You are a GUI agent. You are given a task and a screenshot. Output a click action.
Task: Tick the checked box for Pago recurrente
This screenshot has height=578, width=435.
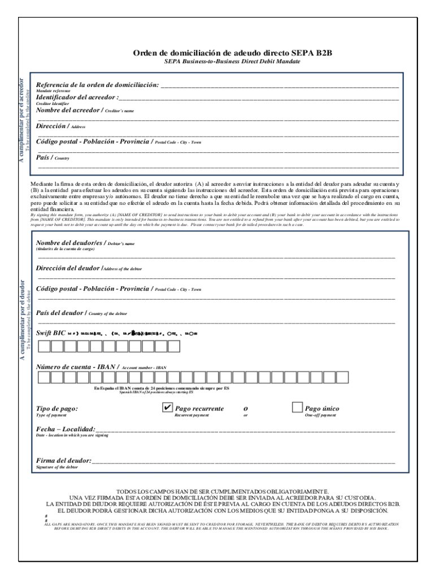click(167, 408)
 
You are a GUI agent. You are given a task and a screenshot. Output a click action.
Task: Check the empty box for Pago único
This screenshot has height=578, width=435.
click(297, 408)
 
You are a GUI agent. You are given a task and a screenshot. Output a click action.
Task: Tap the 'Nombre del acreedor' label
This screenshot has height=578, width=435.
click(68, 110)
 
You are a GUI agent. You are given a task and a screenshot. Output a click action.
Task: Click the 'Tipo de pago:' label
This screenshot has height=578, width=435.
click(57, 409)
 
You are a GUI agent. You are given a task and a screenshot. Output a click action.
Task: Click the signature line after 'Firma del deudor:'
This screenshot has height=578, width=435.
click(243, 462)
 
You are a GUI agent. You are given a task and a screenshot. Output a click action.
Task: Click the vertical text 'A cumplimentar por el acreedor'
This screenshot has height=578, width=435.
click(22, 121)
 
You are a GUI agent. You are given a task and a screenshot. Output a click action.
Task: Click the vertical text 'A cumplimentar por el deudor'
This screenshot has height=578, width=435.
click(22, 319)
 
